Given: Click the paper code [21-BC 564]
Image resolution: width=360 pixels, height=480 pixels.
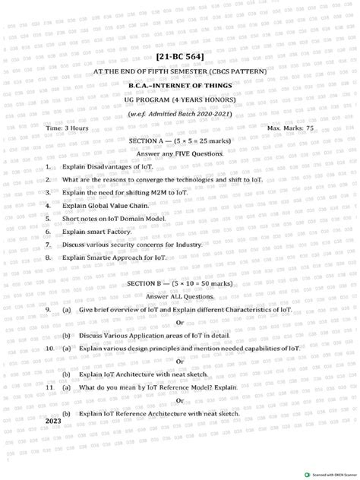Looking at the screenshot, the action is [x=179, y=57].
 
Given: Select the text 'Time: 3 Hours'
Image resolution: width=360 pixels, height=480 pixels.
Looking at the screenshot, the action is [x=67, y=128].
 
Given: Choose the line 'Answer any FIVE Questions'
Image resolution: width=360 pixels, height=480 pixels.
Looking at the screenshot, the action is [x=180, y=153].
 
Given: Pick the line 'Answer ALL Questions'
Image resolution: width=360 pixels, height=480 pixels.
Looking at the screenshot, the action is [x=180, y=295].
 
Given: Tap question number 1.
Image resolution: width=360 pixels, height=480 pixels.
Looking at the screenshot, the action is [x=48, y=166].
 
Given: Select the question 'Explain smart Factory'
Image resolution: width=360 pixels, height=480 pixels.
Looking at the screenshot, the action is [x=96, y=232].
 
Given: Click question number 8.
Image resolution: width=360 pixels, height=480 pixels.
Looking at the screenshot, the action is [x=48, y=258].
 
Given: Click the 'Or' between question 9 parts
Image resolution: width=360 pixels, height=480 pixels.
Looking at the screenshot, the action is [x=180, y=322].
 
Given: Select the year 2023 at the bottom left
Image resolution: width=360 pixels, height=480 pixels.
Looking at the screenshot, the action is [x=53, y=421].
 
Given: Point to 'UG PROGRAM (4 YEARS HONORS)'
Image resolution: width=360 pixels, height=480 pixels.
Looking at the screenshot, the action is [x=180, y=99].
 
